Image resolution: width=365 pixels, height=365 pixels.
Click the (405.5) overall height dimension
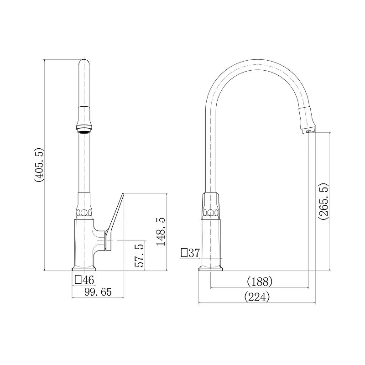39,165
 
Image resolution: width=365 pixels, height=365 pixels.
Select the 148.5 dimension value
161,232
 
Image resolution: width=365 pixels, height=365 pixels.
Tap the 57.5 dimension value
139,255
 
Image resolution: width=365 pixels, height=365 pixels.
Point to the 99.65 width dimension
98,292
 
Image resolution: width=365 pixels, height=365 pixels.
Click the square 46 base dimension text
84,280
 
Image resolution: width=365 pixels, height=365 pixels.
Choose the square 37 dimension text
190,253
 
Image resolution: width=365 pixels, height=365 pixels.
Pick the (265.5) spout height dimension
323,202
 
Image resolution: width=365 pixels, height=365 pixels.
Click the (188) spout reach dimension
260,282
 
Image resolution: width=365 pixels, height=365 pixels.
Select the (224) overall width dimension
257,297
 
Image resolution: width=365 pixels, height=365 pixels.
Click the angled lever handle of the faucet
115,221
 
